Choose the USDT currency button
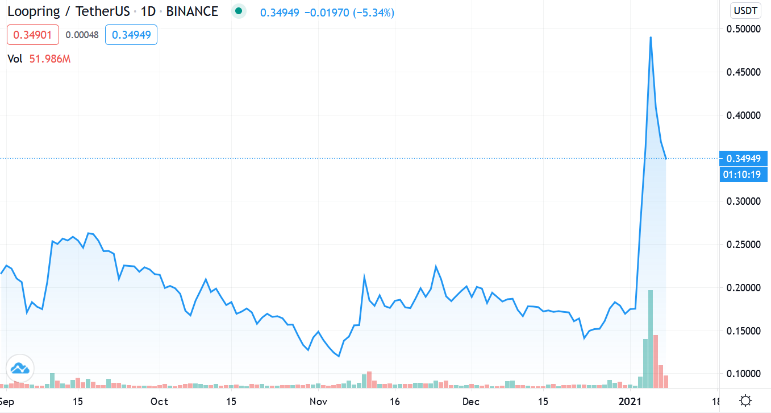click(x=744, y=11)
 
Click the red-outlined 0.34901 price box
click(x=32, y=35)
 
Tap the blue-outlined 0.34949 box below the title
click(x=131, y=35)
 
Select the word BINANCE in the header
click(x=192, y=11)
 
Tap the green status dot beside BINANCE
click(x=239, y=11)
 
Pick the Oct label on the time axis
click(x=160, y=402)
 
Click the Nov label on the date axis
click(x=319, y=402)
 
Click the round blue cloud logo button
click(x=20, y=368)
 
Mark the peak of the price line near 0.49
click(x=651, y=37)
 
